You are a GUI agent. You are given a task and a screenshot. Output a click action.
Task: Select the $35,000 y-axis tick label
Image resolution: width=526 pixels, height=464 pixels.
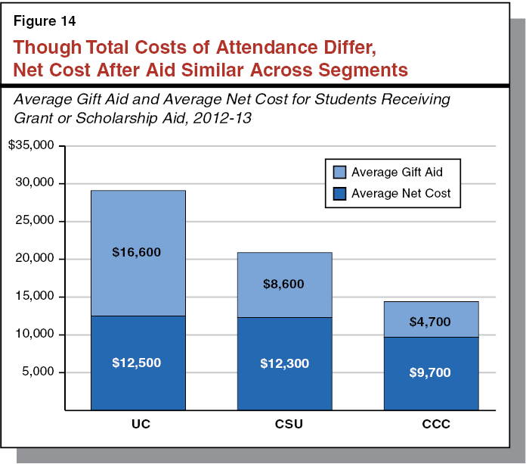(x=31, y=145)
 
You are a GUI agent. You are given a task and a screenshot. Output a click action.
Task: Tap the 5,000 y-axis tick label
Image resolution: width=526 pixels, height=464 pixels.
(x=38, y=372)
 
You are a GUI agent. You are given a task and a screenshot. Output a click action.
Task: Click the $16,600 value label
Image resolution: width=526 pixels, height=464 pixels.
(x=138, y=252)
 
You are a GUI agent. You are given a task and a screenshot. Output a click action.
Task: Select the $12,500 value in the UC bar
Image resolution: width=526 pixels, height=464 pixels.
(x=138, y=363)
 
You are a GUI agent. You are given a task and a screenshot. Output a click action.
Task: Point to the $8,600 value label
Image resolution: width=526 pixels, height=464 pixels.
(x=285, y=284)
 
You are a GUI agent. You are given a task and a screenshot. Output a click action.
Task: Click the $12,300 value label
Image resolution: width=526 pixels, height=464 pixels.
(x=285, y=363)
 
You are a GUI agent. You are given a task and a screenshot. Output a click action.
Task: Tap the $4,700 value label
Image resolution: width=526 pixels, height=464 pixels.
(x=431, y=322)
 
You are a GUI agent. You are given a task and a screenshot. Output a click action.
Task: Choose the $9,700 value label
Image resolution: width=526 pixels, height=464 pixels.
(x=431, y=373)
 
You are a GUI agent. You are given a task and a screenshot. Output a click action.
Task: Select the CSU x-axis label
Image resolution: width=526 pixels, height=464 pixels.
(x=285, y=424)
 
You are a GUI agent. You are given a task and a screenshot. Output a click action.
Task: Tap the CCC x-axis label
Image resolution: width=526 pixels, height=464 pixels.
(x=431, y=424)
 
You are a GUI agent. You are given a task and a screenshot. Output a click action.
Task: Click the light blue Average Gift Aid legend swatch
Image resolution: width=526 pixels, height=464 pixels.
(x=336, y=172)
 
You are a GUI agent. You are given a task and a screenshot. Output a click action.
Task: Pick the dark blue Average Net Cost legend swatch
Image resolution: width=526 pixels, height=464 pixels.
(x=336, y=193)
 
